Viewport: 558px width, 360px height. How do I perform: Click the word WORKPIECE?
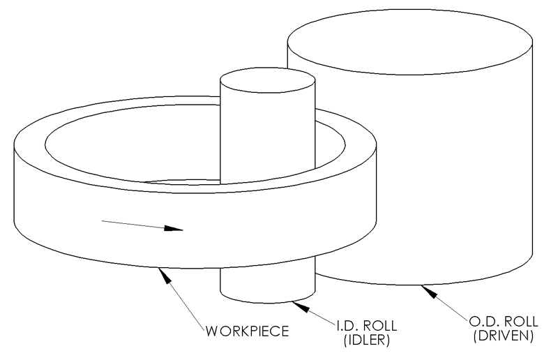pos(248,331)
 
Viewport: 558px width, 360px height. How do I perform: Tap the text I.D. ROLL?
pos(367,326)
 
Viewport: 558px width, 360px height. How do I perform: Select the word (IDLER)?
pos(367,340)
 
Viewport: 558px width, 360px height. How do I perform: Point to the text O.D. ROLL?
pos(503,322)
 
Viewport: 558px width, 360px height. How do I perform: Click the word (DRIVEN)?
pos(503,336)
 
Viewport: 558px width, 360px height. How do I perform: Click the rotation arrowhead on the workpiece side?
pos(173,229)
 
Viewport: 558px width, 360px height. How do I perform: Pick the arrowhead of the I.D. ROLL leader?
pos(301,306)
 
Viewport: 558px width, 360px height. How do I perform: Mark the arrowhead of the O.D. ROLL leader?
pos(429,291)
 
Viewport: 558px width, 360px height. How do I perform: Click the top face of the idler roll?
pos(268,80)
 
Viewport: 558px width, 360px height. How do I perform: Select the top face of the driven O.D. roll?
pos(410,42)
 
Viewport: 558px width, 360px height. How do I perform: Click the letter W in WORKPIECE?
pos(211,331)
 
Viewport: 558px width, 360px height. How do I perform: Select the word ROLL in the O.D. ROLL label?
pos(521,322)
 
